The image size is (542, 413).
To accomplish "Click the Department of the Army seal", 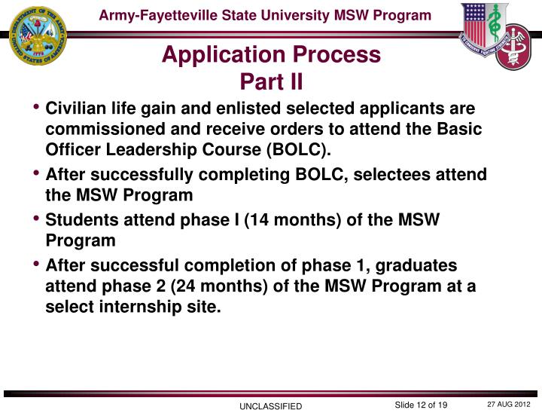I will coord(38,35).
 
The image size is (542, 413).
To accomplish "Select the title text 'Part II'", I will coord(271,79).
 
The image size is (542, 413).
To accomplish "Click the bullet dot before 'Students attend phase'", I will coord(37,219).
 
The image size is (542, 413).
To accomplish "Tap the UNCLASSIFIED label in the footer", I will coord(270,406).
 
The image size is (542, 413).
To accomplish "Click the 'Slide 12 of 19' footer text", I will coord(421,405).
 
